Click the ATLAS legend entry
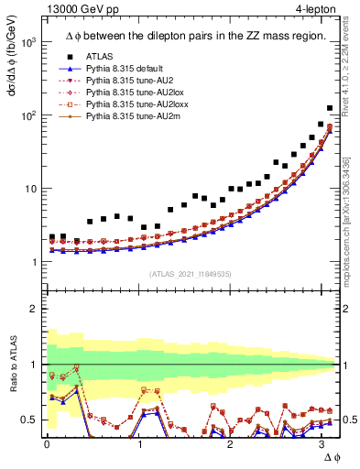click(x=99, y=57)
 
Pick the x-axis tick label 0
click(x=47, y=445)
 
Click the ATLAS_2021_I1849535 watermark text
click(x=190, y=274)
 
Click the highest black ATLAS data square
click(x=330, y=108)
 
